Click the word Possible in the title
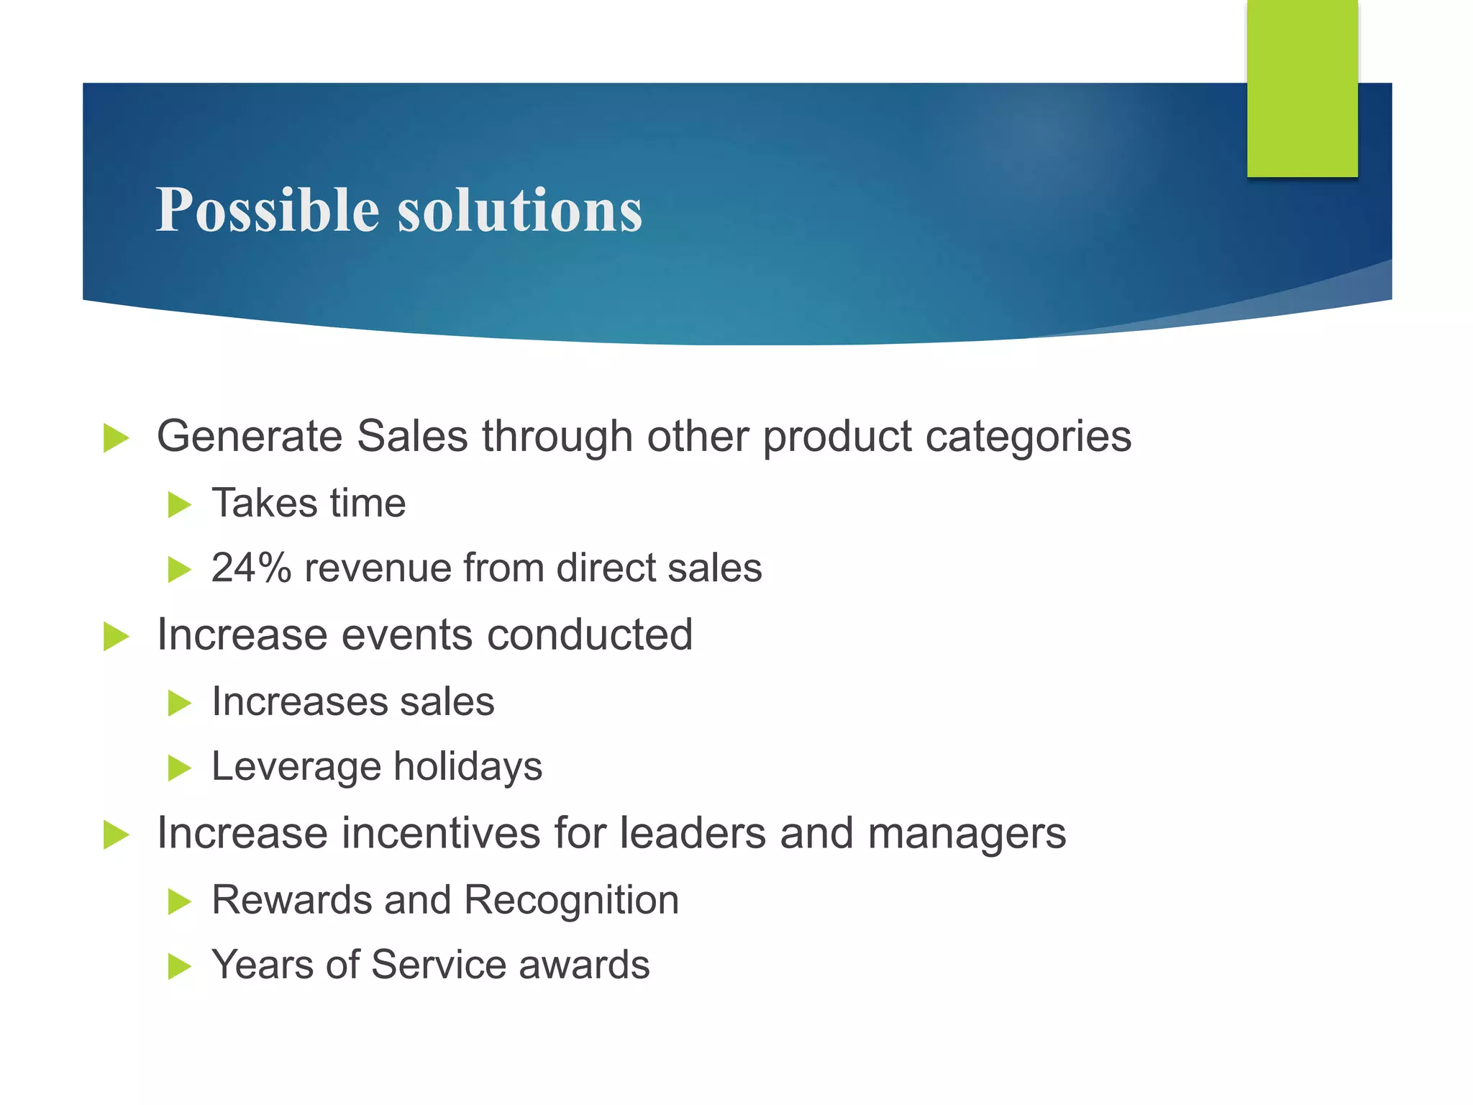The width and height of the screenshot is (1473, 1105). [x=267, y=210]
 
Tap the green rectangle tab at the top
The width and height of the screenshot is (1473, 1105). [x=1302, y=88]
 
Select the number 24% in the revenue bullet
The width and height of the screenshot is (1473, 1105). [x=251, y=568]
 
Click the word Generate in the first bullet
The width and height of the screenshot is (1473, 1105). [x=249, y=437]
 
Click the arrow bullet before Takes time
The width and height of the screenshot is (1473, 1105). [x=179, y=504]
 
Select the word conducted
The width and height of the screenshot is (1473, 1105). [x=589, y=635]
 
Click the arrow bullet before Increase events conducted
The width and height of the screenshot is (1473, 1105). [x=116, y=637]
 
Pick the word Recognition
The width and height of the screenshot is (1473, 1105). [x=571, y=900]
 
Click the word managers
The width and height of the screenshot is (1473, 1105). [x=967, y=835]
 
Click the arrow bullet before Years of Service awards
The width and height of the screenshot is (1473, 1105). [x=179, y=967]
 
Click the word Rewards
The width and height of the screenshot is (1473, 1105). [x=291, y=900]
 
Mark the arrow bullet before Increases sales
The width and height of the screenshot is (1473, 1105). [x=179, y=703]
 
